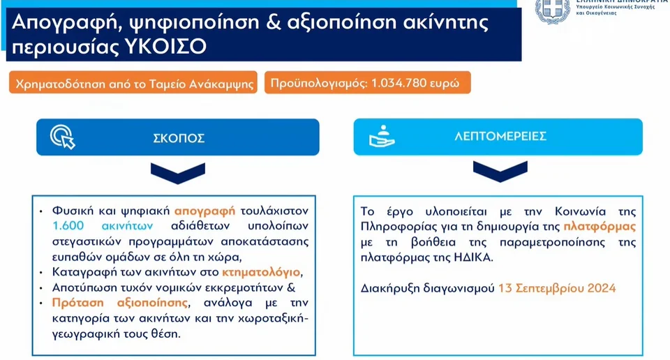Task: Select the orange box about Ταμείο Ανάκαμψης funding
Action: [x=133, y=82]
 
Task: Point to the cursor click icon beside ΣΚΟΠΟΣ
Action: [x=62, y=137]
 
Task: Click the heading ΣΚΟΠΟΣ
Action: [x=179, y=138]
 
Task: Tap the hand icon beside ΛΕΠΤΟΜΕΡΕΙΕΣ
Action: [x=382, y=136]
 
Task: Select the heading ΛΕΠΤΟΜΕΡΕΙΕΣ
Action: [x=500, y=136]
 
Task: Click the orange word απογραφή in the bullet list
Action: [x=204, y=211]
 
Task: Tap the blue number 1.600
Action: [x=68, y=225]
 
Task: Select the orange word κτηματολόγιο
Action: [x=261, y=273]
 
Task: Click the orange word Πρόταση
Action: [x=77, y=303]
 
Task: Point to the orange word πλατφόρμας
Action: [x=600, y=227]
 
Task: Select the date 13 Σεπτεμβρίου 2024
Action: [x=557, y=288]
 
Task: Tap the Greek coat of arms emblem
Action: [x=553, y=10]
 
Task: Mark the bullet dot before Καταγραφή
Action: [x=41, y=273]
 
